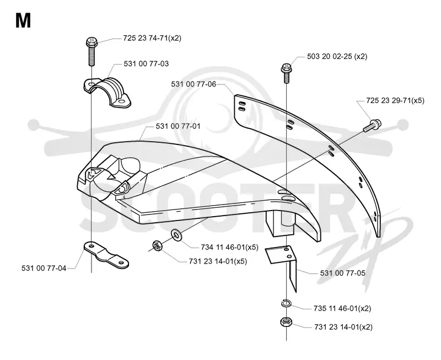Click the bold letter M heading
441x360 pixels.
(23, 21)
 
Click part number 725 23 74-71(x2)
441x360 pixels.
(152, 38)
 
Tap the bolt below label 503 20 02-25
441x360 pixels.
(286, 73)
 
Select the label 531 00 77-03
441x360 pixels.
(146, 64)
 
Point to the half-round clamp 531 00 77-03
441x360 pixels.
(107, 92)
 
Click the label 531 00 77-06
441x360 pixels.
(193, 84)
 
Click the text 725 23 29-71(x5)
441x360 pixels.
(395, 100)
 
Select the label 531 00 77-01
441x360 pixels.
(178, 126)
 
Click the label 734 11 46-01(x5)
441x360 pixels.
(229, 247)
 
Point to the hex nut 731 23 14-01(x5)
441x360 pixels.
(157, 246)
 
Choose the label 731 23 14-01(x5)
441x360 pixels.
(218, 261)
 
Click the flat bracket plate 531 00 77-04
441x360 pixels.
(106, 254)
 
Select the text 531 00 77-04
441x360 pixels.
(44, 268)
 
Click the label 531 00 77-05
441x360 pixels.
(342, 273)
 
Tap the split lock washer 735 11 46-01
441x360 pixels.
(286, 304)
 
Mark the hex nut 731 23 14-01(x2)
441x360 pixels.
(286, 322)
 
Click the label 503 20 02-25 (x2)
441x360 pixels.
(337, 57)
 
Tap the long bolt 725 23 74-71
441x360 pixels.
(92, 52)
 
